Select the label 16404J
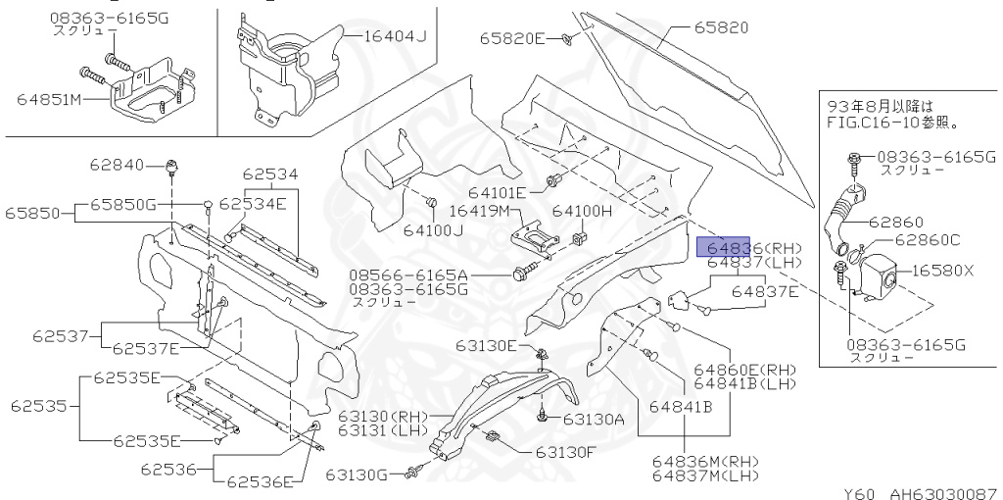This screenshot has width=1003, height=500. pyautogui.click(x=396, y=37)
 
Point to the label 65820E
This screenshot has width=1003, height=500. pyautogui.click(x=511, y=38)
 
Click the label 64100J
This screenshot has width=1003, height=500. pyautogui.click(x=437, y=231)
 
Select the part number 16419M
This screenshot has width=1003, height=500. pyautogui.click(x=480, y=211)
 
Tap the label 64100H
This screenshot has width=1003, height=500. pyautogui.click(x=581, y=211)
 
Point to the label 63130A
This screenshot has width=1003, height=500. pyautogui.click(x=594, y=419)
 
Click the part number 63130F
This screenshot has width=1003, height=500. pyautogui.click(x=565, y=452)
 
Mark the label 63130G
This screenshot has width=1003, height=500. pyautogui.click(x=358, y=475)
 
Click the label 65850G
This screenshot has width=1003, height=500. pyautogui.click(x=123, y=204)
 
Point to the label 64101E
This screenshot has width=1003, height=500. pyautogui.click(x=497, y=192)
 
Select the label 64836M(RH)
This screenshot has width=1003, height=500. pyautogui.click(x=706, y=462)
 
